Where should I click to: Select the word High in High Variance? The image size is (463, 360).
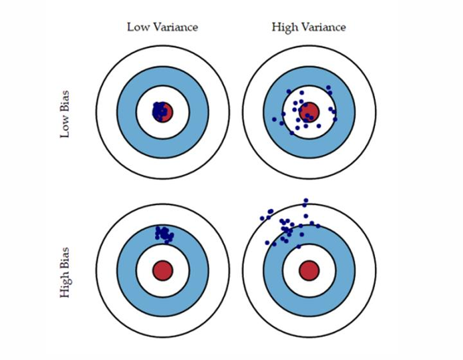pos(284,27)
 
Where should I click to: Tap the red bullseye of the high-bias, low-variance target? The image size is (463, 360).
pos(162,271)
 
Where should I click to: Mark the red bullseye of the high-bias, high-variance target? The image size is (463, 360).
pos(309,271)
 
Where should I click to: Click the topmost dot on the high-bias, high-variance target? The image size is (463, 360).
pos(306,200)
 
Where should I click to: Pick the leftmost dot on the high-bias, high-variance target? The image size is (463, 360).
pos(262,218)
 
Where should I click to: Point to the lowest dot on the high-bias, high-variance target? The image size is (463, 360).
pos(299,246)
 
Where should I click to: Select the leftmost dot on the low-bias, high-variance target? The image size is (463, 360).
pos(274,119)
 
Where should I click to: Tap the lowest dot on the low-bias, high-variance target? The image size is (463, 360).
pos(292,133)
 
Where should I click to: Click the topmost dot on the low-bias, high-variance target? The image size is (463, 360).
pos(329,88)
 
